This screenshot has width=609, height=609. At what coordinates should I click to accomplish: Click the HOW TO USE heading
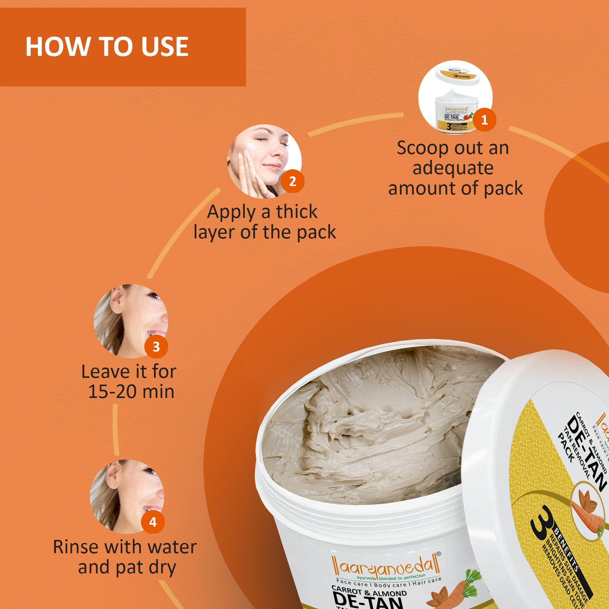pyautogui.click(x=107, y=46)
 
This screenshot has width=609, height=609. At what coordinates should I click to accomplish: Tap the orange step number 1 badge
pyautogui.click(x=484, y=120)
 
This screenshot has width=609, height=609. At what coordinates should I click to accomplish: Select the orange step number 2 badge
pyautogui.click(x=292, y=182)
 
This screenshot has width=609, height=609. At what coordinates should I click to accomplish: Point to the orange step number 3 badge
pyautogui.click(x=156, y=346)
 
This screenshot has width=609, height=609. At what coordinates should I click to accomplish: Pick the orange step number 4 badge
pyautogui.click(x=153, y=522)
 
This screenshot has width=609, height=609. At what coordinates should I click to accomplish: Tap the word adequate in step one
pyautogui.click(x=453, y=169)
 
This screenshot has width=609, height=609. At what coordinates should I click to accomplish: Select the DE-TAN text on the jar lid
pyautogui.click(x=588, y=453)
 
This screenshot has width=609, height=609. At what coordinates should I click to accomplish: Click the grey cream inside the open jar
pyautogui.click(x=379, y=426)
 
